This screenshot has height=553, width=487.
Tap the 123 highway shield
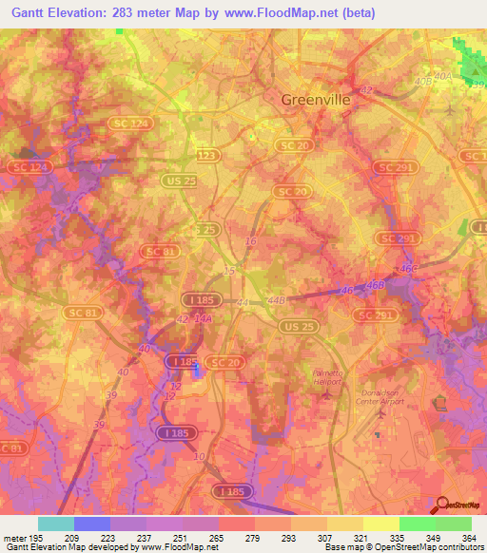[x=206, y=154]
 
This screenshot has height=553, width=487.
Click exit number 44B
[x=277, y=300]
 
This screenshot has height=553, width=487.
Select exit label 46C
[x=409, y=269]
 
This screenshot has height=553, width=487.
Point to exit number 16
[x=250, y=242]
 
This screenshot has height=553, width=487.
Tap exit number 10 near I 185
[x=199, y=456]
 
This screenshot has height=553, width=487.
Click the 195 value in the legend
[x=28, y=537]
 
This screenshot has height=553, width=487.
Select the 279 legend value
[x=253, y=537]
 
